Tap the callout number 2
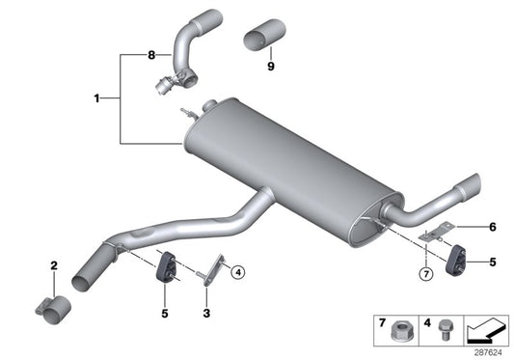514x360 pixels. coord(54,264)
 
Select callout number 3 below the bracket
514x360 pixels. coord(206,314)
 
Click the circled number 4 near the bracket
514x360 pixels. coord(237,271)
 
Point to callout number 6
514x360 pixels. coord(491,228)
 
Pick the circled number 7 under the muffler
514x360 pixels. coord(425,273)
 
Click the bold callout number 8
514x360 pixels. coord(150,56)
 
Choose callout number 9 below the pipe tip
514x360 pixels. coord(271,68)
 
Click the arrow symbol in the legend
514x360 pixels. coord(485,330)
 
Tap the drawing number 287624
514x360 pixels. coord(488,352)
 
